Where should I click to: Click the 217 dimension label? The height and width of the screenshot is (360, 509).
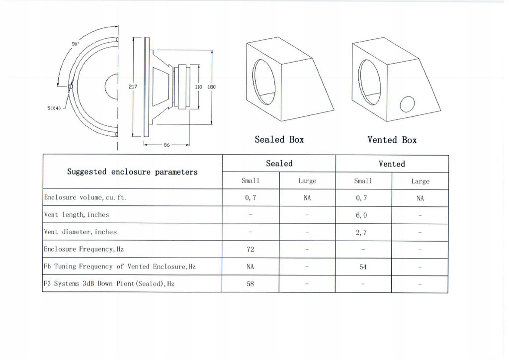click(x=133, y=87)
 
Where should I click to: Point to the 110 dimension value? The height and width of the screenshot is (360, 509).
click(x=198, y=87)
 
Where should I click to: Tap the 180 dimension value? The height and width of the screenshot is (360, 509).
click(x=212, y=87)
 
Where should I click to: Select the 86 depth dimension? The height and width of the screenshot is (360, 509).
click(x=167, y=145)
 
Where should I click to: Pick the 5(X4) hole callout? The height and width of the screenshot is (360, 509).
click(x=54, y=108)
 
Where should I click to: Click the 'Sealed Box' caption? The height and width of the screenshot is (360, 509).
click(x=279, y=140)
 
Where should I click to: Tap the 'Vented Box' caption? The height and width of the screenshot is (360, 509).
click(x=392, y=140)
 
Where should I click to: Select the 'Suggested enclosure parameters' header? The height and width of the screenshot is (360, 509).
click(x=132, y=172)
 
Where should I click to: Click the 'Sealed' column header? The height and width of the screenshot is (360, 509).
click(x=279, y=163)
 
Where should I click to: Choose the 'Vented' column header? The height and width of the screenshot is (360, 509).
click(x=392, y=164)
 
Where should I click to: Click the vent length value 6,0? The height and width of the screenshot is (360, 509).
click(x=361, y=215)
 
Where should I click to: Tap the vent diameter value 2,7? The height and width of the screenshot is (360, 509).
click(x=361, y=232)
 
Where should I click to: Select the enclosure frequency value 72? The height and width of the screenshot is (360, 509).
click(x=251, y=249)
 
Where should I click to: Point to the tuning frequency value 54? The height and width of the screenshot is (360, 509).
click(x=363, y=267)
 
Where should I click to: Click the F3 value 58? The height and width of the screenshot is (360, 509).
click(x=251, y=284)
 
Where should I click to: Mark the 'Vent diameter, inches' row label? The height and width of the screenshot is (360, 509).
click(x=80, y=232)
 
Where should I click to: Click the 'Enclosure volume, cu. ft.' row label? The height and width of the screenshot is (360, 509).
click(x=85, y=197)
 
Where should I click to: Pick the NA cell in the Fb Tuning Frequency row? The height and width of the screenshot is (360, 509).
click(x=251, y=267)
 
